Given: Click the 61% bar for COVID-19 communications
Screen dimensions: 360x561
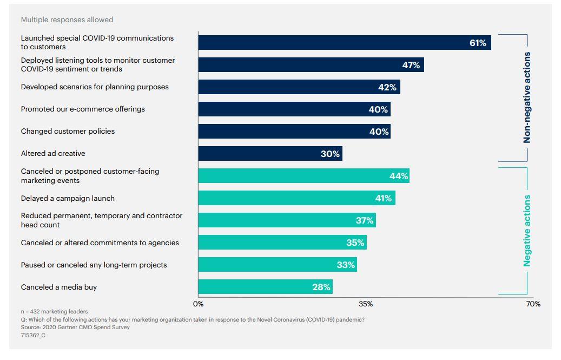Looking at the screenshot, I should [344, 43].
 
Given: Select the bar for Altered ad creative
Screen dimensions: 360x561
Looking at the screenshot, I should [270, 154].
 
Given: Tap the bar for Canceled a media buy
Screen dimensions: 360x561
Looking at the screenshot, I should [265, 287].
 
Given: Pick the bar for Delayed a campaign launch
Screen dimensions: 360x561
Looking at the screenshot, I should [296, 198].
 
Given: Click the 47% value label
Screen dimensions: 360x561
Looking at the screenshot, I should [411, 65].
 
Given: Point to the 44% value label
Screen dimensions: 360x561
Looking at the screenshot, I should [398, 176].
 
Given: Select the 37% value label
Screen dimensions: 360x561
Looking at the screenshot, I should [365, 220].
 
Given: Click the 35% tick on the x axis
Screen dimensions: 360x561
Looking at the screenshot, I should [366, 304].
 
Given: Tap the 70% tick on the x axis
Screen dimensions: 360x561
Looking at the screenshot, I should [533, 304].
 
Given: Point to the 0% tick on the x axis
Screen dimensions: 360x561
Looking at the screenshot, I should [199, 304].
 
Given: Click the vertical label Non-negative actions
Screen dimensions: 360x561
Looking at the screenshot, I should [527, 98].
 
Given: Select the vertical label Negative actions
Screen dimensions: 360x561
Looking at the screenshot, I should [527, 231].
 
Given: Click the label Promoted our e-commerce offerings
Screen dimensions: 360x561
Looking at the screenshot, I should [83, 109].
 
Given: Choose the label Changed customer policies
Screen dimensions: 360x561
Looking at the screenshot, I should [68, 132].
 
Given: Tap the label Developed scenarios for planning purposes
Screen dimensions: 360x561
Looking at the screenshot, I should [95, 87].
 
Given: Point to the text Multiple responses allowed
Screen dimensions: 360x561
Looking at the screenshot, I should [67, 20].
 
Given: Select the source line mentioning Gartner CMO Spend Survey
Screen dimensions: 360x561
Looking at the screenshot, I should [75, 327].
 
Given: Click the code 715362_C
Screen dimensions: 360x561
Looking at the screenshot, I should [33, 335].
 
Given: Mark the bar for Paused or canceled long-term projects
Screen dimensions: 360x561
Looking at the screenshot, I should [278, 265].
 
